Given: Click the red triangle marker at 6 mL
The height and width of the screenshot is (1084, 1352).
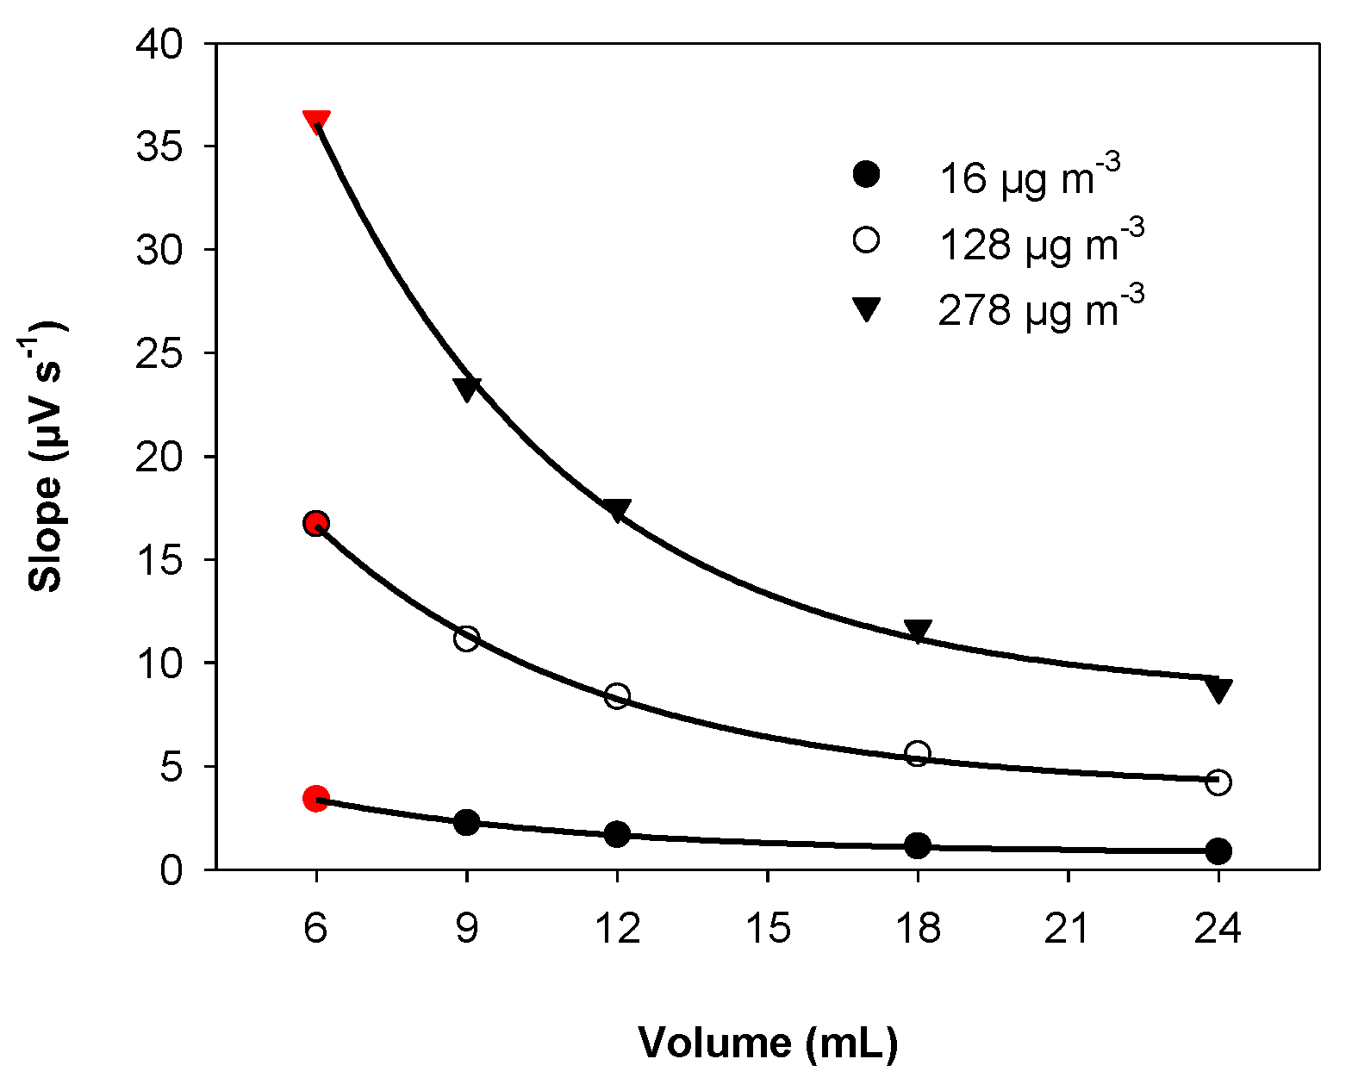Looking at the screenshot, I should [316, 121].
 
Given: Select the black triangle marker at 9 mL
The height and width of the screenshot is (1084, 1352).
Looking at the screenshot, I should [466, 389].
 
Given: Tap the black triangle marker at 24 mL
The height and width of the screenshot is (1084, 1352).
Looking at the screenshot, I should [1218, 688].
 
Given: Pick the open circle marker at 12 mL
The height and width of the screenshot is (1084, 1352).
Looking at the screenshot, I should [617, 695].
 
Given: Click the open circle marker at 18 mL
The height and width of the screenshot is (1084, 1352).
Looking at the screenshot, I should [918, 753].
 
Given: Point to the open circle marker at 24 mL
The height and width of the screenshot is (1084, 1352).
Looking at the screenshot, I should [1218, 782].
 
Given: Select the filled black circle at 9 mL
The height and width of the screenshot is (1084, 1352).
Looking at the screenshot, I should [466, 822].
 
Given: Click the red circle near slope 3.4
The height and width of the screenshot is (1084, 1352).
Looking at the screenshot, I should [316, 799].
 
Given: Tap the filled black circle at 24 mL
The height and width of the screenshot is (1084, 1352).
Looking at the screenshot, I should [1218, 850].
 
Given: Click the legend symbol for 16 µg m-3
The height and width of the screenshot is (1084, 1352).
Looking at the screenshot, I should [865, 174].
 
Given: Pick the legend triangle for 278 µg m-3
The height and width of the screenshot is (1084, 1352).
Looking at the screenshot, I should [865, 308].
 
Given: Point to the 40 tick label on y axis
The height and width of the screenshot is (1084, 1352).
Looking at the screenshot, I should [160, 44].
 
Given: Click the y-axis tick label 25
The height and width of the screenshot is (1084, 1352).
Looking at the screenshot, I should [160, 353].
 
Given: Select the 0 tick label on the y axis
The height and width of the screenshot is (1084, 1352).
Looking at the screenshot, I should [171, 869].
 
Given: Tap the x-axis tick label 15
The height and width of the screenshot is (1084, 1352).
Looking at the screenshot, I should [767, 928].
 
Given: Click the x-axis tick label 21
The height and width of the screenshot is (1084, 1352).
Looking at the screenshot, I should [1068, 928].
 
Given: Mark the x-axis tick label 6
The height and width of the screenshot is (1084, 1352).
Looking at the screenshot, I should [316, 928].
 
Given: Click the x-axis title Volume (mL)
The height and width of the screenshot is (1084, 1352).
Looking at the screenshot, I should [768, 1043].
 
